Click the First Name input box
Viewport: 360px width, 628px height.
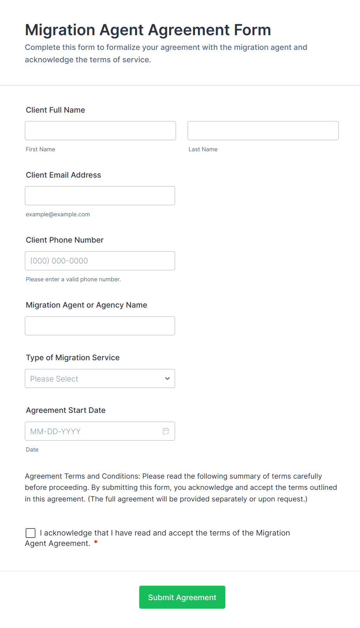pos(100,130)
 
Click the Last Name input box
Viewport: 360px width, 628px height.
pos(263,130)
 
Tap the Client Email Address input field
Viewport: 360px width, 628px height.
pos(100,195)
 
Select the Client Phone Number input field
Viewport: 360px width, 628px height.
pos(100,260)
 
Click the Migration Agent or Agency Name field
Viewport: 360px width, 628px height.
pos(100,325)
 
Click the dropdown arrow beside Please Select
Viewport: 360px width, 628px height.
pos(167,378)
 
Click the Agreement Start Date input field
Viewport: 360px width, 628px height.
pos(93,431)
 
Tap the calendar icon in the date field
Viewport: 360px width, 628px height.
pos(166,431)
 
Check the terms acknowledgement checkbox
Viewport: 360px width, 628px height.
pos(31,533)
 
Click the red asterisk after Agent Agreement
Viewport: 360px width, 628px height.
pos(96,542)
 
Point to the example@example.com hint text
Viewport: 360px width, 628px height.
pos(58,214)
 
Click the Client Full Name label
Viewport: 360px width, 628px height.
pos(55,110)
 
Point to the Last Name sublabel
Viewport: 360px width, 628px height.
pos(203,149)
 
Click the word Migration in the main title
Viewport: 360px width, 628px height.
pos(60,30)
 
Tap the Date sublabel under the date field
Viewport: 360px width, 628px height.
pos(32,450)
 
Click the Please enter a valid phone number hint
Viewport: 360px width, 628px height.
pos(73,279)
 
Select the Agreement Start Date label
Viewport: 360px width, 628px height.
pos(65,410)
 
